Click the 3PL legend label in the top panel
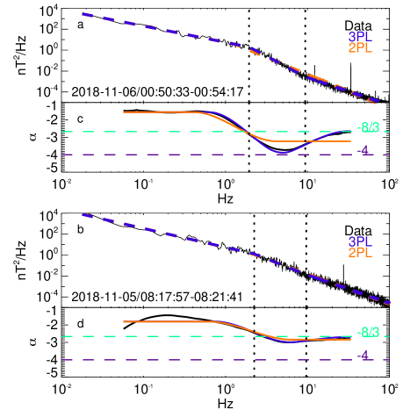point(360,37)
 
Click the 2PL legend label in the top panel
point(360,48)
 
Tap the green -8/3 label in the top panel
point(369,127)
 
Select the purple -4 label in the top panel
point(363,151)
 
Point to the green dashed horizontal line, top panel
point(176,132)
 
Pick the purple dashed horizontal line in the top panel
point(176,155)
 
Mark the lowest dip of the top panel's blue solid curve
point(281,153)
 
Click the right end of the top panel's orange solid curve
point(350,141)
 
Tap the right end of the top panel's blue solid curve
point(350,132)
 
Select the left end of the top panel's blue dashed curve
point(82,13)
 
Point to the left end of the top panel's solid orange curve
point(124,112)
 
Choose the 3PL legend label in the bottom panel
point(360,241)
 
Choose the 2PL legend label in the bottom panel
point(360,253)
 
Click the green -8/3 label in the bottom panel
point(369,332)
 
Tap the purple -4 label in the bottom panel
point(363,356)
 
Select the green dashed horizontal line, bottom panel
point(176,336)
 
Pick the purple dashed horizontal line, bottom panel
point(176,360)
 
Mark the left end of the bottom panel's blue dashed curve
point(82,213)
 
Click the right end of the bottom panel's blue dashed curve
point(391,303)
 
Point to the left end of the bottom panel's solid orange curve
point(124,322)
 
